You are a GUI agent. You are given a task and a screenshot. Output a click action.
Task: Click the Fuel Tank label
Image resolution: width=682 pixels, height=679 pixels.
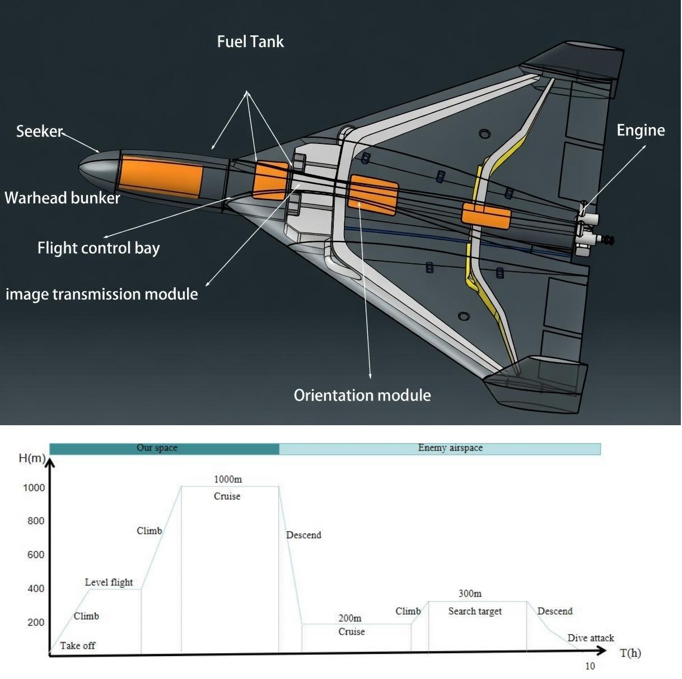click(x=250, y=41)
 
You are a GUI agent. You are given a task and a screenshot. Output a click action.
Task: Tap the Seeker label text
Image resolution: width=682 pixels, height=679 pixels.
click(x=39, y=131)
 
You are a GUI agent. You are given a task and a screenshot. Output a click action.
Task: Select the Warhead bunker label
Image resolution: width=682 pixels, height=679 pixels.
click(x=62, y=198)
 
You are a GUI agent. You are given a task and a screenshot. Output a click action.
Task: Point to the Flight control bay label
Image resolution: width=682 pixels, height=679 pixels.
click(x=99, y=248)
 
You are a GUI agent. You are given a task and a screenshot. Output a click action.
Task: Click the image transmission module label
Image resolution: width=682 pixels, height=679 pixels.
click(x=101, y=294)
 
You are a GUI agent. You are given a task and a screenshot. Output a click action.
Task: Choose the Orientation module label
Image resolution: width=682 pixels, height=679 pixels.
click(x=362, y=395)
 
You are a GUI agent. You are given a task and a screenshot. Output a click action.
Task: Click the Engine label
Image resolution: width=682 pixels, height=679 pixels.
click(x=641, y=130)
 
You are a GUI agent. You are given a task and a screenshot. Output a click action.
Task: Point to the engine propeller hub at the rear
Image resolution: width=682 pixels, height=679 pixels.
click(x=607, y=240)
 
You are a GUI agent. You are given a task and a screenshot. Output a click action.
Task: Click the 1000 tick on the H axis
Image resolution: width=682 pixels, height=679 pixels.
click(x=34, y=487)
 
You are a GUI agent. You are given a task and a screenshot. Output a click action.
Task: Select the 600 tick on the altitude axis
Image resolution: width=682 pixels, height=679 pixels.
click(x=36, y=555)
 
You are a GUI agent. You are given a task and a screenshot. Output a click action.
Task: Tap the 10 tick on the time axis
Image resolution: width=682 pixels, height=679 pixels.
click(x=590, y=666)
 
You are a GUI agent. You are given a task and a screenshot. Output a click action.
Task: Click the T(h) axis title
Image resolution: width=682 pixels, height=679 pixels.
click(x=630, y=653)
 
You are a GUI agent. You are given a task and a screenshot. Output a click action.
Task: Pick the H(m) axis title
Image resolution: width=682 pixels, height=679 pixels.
click(x=31, y=458)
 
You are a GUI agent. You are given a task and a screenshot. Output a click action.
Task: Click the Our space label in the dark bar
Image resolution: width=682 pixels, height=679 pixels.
click(x=157, y=448)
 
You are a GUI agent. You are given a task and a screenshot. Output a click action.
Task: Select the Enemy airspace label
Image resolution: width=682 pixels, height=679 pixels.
click(x=450, y=448)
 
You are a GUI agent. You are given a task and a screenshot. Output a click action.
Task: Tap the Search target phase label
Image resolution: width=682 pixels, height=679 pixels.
click(x=475, y=611)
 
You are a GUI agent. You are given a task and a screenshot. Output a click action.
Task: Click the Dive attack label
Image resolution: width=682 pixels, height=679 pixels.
click(x=591, y=638)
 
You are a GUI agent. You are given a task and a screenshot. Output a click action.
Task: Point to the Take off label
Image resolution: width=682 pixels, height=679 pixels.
click(x=77, y=645)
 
